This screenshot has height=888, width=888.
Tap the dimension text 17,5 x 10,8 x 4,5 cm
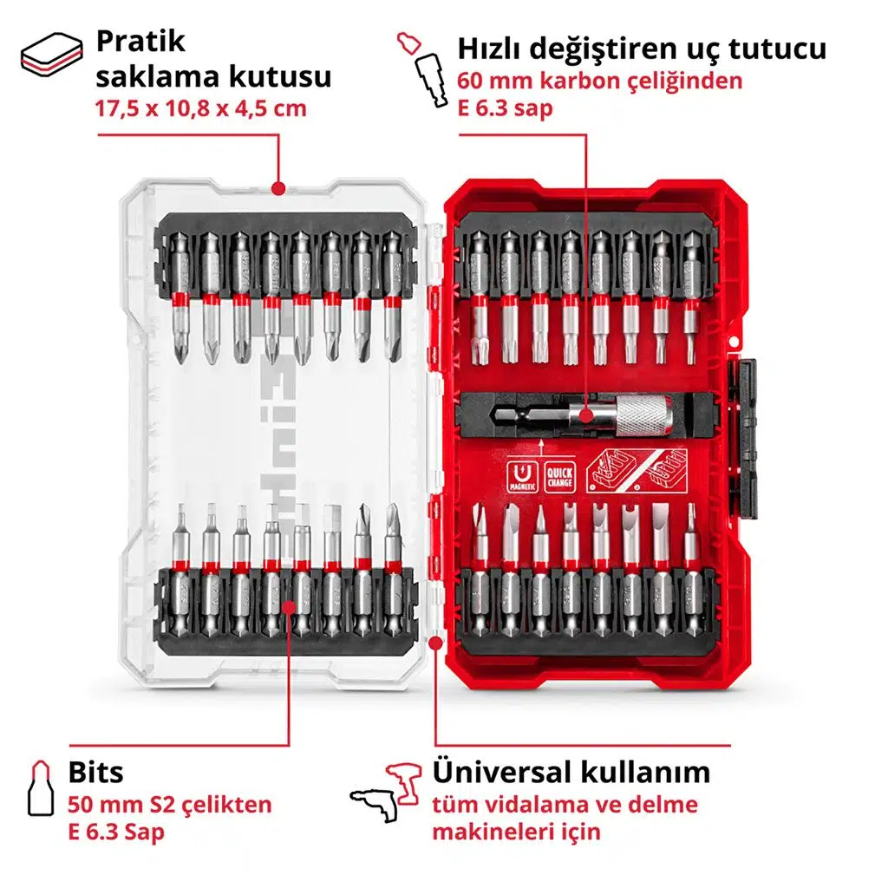tap(201, 110)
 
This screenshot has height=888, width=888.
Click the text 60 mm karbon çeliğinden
tap(600, 82)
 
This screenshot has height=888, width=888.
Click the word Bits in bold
tap(95, 772)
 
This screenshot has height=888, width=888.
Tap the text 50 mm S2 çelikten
tap(170, 804)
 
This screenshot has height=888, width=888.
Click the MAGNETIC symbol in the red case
tap(519, 478)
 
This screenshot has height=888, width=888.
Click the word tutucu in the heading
tap(778, 49)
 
